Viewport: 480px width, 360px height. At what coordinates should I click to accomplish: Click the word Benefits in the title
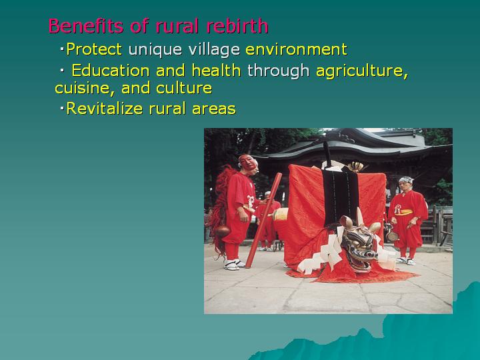point(86,26)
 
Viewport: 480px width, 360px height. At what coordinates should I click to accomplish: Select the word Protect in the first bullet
point(94,49)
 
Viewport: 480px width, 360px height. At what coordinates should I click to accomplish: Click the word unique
point(155,50)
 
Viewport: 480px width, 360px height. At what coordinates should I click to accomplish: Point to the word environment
point(296,49)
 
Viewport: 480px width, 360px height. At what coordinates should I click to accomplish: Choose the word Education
point(111,71)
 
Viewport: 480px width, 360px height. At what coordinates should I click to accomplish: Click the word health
point(216,71)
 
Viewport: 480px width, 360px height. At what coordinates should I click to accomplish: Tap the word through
point(278,71)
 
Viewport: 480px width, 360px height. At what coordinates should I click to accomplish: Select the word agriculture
point(362,71)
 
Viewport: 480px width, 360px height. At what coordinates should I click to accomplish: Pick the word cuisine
point(83,89)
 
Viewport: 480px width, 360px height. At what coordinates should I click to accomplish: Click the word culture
point(184,88)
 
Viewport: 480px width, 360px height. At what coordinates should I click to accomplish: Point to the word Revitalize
point(105,109)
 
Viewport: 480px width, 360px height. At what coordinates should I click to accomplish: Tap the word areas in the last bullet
point(214,109)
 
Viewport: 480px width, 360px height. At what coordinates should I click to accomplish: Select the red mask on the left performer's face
point(248,162)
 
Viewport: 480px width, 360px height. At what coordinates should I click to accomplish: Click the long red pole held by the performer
point(263,220)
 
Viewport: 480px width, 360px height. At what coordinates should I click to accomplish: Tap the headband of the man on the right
point(406,180)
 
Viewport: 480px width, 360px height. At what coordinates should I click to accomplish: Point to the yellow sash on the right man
point(405,212)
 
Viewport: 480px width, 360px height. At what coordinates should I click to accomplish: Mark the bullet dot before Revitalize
point(62,108)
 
